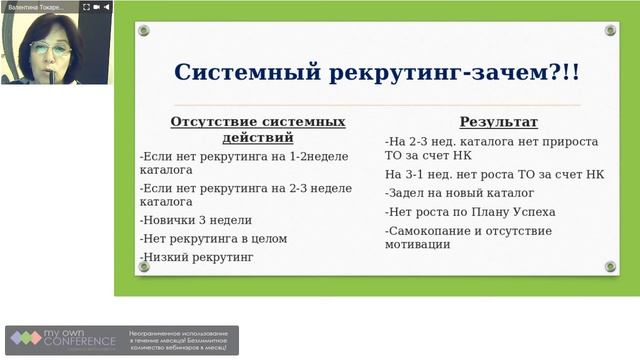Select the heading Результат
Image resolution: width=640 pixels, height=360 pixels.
point(498,123)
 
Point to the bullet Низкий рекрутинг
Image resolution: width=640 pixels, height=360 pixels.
point(197,257)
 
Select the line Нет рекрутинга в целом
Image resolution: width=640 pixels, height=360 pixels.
point(214,239)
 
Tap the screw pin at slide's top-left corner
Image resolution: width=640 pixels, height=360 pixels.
point(144,31)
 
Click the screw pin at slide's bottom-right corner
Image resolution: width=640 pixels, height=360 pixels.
point(610,266)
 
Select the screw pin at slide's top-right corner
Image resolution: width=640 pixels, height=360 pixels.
point(610,31)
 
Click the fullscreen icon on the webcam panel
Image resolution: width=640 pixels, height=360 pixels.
point(86,7)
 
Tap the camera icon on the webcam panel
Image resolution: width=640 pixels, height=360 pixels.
point(95,7)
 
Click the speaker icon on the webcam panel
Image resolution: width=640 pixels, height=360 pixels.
point(105,7)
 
